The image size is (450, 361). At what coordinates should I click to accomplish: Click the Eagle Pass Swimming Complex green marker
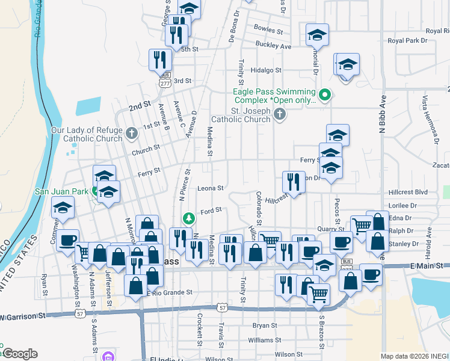[325, 95]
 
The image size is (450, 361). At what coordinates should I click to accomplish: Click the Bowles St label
[268, 29]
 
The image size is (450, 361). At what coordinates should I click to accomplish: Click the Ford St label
[211, 210]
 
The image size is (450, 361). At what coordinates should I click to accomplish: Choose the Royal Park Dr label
[407, 41]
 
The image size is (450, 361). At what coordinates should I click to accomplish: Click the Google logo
[19, 354]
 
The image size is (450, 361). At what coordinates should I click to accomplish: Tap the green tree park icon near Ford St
[188, 217]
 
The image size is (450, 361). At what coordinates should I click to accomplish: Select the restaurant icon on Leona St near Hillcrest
[294, 181]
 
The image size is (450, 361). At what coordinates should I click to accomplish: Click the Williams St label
[260, 341]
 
